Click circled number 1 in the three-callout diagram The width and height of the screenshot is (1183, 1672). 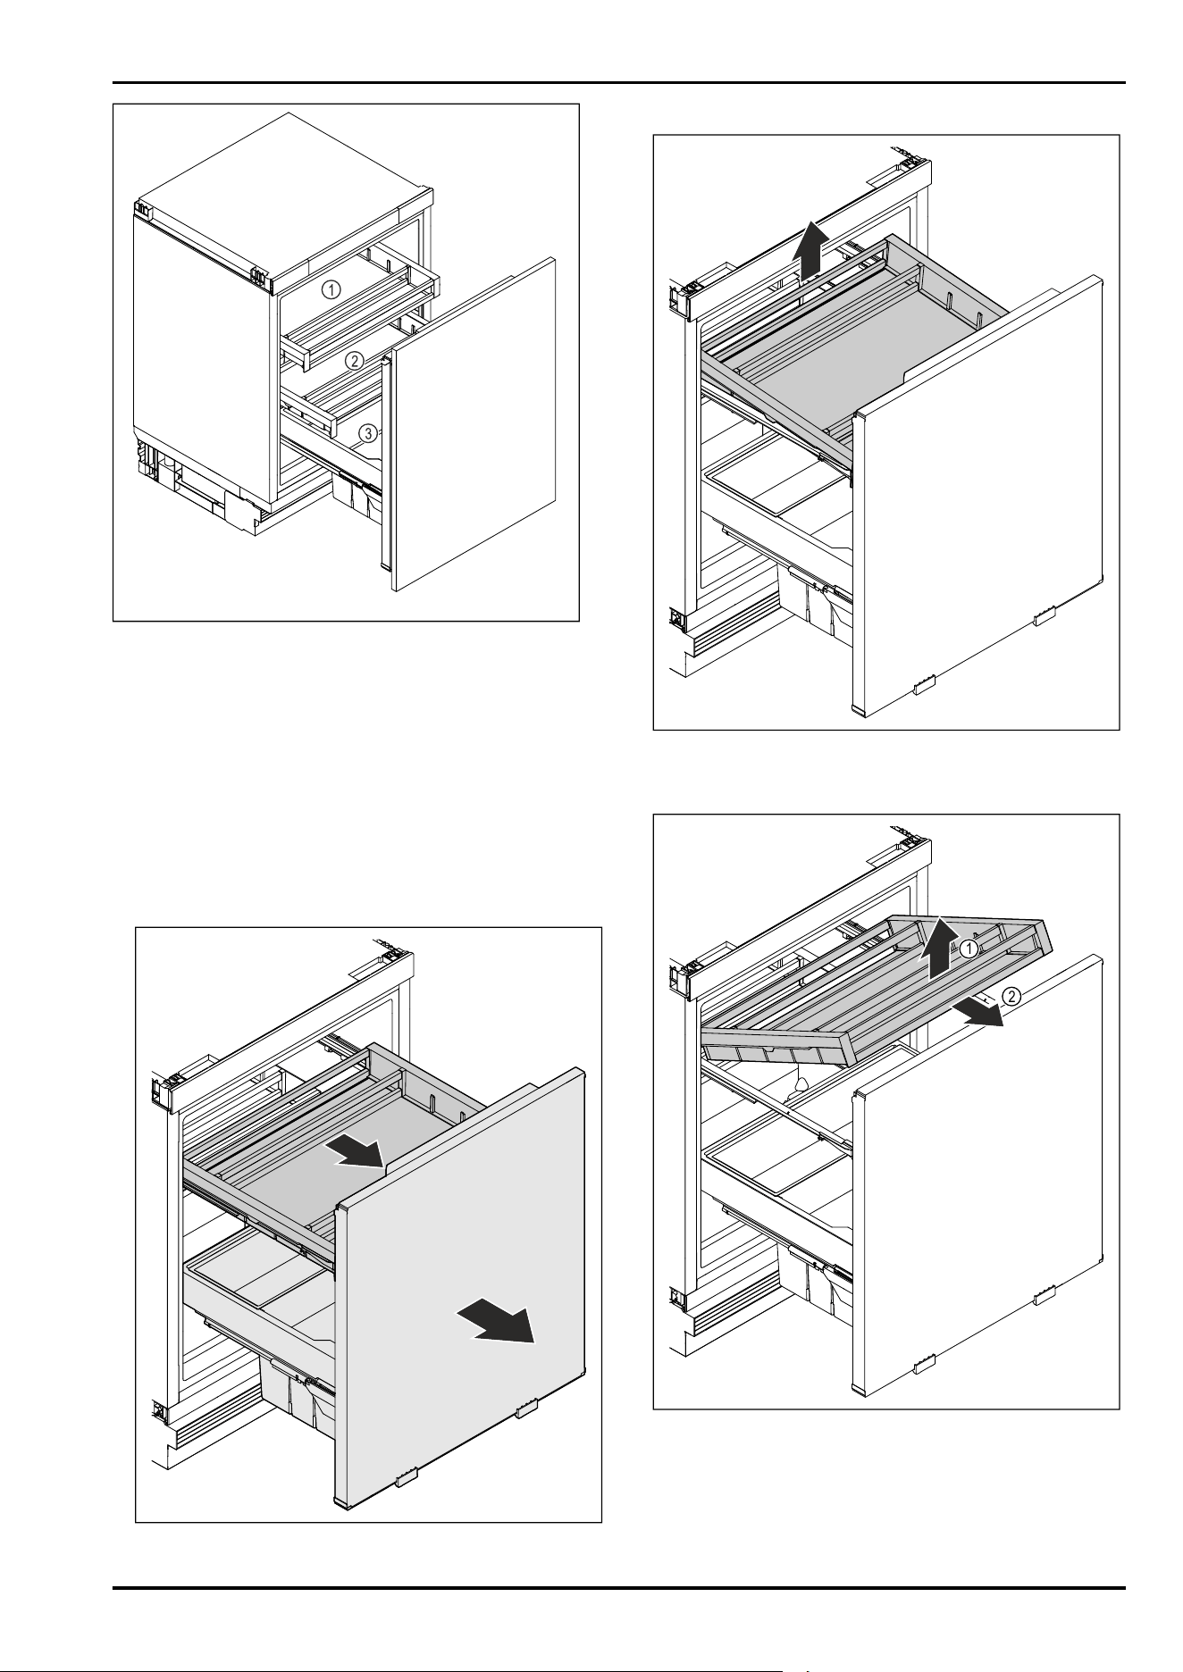pos(331,289)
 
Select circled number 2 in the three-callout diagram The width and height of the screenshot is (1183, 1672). pos(355,361)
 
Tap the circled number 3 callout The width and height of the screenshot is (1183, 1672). pos(367,433)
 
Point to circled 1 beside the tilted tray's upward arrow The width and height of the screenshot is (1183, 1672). pos(970,949)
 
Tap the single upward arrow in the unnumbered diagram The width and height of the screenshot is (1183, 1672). pos(810,253)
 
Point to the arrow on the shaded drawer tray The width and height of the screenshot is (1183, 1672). pos(356,1153)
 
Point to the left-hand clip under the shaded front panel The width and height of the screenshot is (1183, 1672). pos(407,1478)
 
